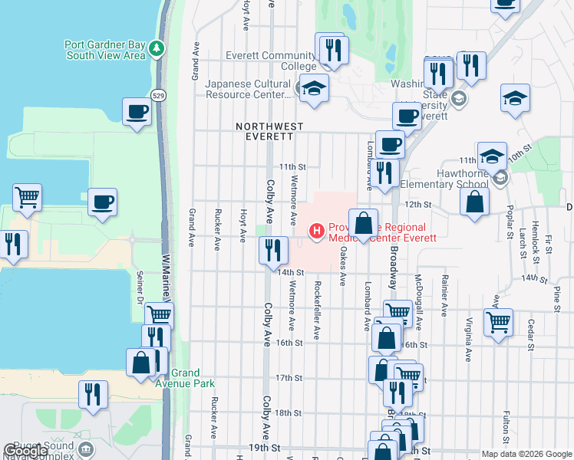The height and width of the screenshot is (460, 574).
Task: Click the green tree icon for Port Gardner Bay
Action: tap(157, 49)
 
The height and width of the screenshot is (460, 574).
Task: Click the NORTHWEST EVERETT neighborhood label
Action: tap(269, 131)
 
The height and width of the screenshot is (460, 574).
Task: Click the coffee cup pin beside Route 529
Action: tap(137, 112)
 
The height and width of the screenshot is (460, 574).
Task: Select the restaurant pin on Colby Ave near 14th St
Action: tap(273, 250)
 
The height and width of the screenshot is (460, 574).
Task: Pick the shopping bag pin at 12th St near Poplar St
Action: tap(475, 202)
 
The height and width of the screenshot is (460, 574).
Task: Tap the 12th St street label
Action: tap(419, 205)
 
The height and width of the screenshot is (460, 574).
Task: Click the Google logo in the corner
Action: tap(26, 451)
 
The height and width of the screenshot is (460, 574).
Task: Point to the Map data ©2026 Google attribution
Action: tap(526, 454)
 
